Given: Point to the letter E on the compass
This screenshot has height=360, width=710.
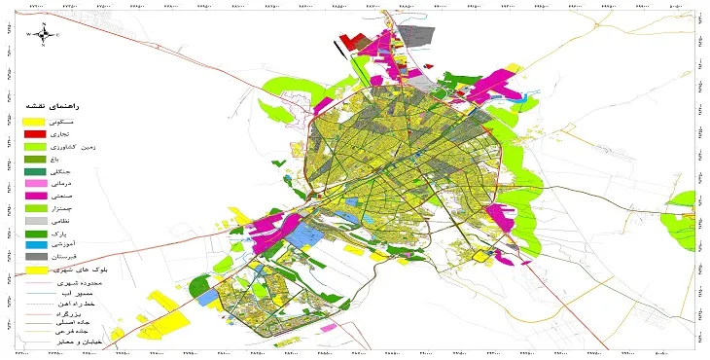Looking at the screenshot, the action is [58, 35].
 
